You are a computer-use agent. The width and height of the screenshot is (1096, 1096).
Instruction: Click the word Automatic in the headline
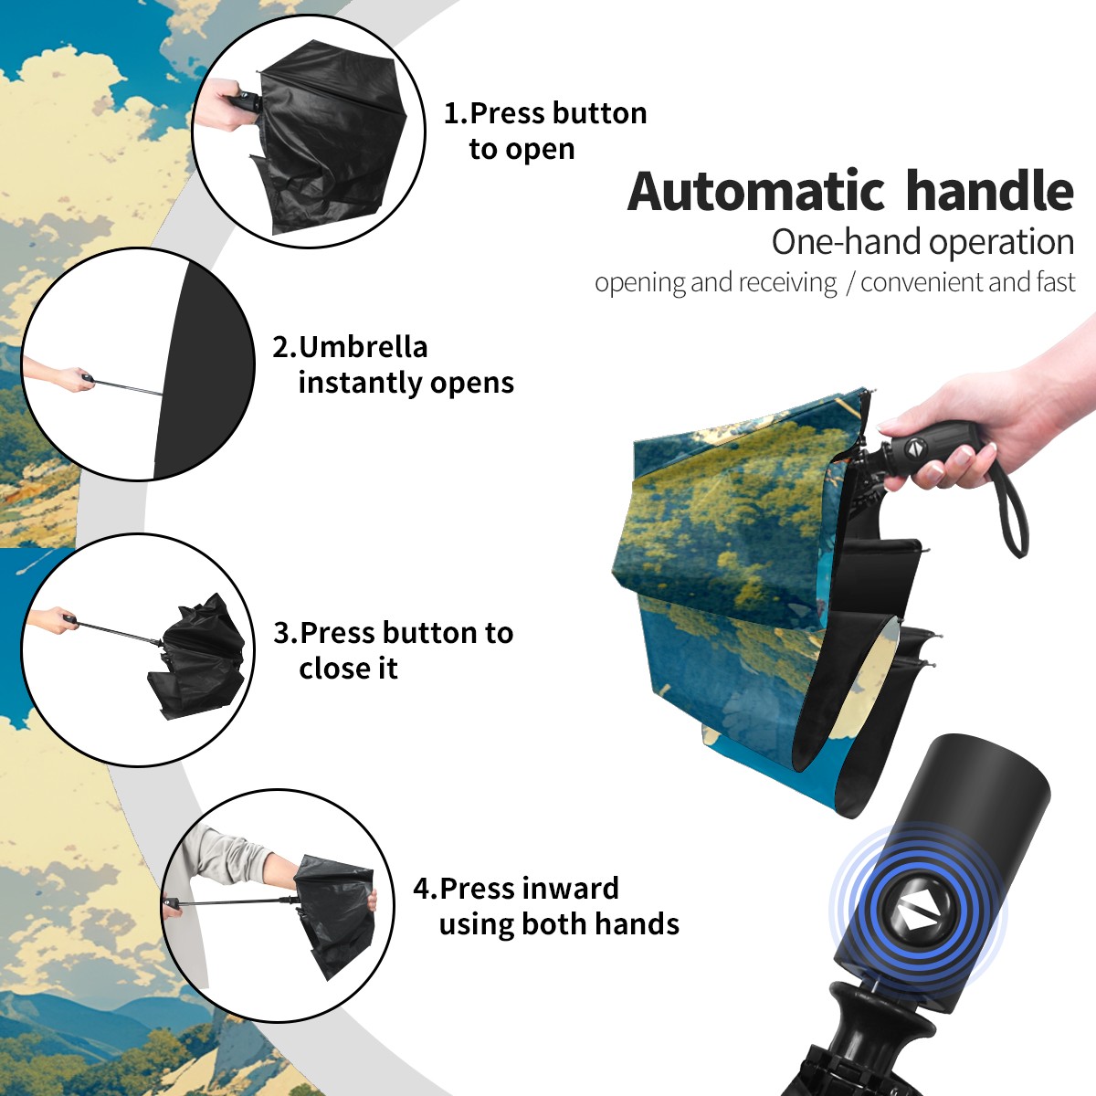(x=755, y=192)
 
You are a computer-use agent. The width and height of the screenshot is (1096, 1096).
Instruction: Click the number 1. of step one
(x=456, y=113)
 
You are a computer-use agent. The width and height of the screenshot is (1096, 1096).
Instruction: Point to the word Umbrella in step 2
(x=364, y=347)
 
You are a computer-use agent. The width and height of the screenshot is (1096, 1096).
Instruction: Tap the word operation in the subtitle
(x=1002, y=243)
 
